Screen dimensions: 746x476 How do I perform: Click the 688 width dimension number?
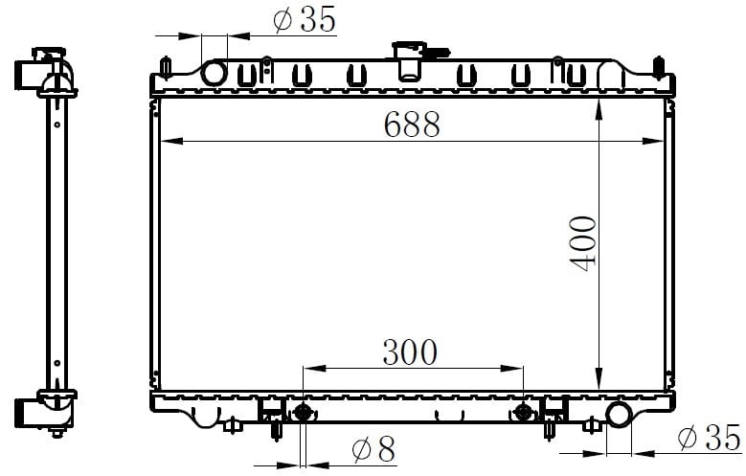coord(412,125)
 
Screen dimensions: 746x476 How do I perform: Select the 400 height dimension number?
coord(583,243)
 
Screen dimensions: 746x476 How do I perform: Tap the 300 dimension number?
coord(410,352)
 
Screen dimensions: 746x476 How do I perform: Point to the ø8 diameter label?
coord(373,449)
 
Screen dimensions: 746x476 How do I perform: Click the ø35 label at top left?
coord(305,19)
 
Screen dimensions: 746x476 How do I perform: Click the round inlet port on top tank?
coord(214,74)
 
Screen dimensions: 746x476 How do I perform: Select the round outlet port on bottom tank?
coord(619,414)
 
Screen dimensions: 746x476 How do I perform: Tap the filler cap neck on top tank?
coord(409,61)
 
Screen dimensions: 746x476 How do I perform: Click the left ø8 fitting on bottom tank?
coord(303,412)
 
